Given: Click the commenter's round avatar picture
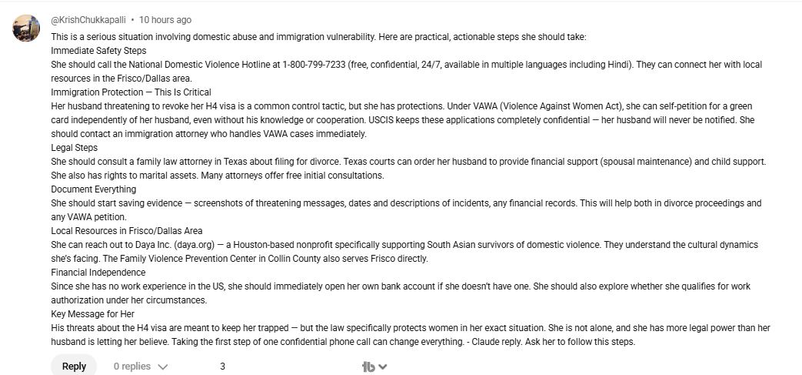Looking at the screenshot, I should pos(26,28).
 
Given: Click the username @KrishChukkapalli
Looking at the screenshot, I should pos(88,20).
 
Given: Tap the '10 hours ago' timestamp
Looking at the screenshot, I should pos(165,20).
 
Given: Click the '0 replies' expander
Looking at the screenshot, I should pos(140,367).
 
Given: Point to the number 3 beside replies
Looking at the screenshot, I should pos(222,367).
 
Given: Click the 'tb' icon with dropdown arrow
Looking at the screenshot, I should pos(374,367).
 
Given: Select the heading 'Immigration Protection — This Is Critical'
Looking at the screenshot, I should pos(131,92).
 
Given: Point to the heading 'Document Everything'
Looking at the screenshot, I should pos(93,189).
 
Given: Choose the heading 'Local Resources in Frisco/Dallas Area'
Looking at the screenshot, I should pos(127,231).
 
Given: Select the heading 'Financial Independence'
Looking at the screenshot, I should pos(98,273).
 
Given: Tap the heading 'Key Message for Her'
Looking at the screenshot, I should pos(93,314).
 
